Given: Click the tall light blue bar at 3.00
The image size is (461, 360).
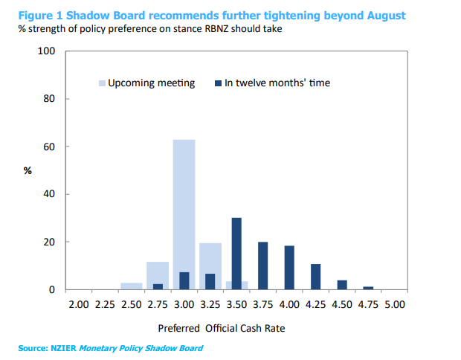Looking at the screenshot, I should point(184,214).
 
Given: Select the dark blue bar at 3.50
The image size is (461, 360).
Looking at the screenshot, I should point(236,253).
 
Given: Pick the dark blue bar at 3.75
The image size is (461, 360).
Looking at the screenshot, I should point(262,266).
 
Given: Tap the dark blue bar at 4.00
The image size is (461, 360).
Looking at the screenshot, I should point(289,267).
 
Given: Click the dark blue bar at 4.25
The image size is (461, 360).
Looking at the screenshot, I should point(315,277).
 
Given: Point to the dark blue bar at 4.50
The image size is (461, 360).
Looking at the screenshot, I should point(342,285).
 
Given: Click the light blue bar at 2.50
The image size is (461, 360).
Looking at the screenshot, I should point(131,286).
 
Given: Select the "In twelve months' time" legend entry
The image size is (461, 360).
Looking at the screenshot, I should point(277,83).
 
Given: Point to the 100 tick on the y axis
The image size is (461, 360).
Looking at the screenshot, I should point(47,51).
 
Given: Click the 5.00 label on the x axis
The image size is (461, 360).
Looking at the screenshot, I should point(395,304).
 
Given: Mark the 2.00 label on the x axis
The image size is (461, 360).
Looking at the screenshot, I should point(79,304).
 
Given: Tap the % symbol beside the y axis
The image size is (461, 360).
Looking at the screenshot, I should point(28,171).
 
